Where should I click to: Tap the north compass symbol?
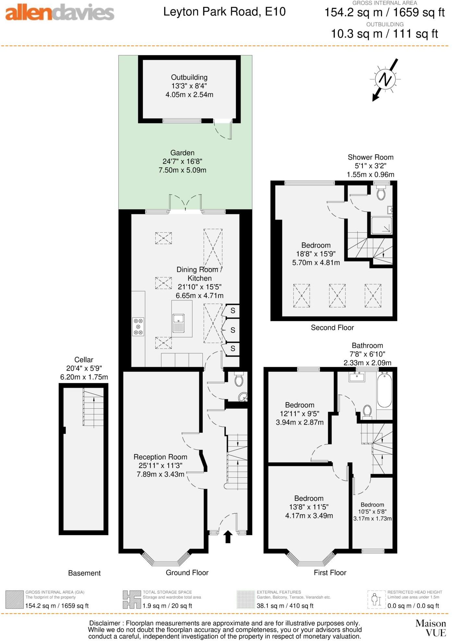tap(385, 79)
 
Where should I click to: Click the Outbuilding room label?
tap(189, 77)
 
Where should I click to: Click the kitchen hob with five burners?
tap(138, 326)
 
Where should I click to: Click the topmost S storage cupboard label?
tap(233, 311)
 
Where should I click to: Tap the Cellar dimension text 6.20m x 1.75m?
tap(84, 377)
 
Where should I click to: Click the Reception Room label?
tap(160, 457)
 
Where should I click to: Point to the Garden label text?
tap(182, 153)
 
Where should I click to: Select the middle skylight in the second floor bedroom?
tap(337, 296)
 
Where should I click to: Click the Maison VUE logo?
tap(431, 628)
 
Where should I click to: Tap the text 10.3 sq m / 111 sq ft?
tap(384, 34)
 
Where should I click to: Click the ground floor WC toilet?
tap(239, 380)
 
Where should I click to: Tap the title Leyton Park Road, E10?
tap(224, 12)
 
